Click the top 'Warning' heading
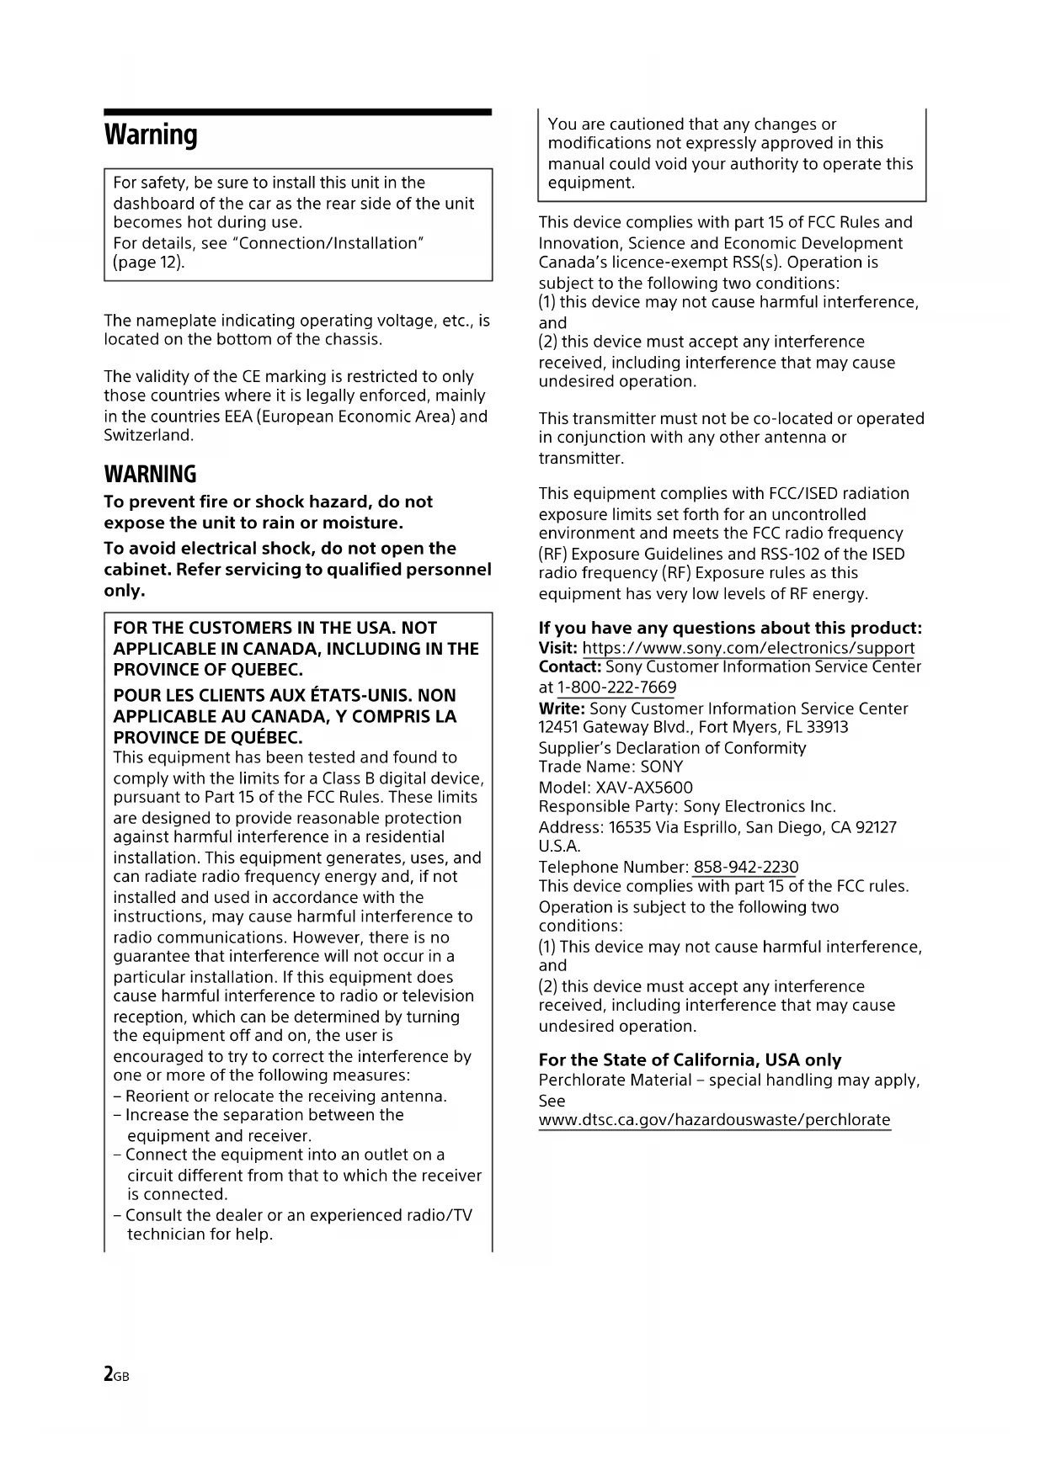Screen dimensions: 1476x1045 coord(151,135)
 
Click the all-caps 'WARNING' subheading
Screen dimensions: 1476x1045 coord(150,474)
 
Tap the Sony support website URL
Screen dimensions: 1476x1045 coord(748,648)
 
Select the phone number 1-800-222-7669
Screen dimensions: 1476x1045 coord(616,688)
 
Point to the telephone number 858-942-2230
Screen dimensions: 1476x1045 coord(745,867)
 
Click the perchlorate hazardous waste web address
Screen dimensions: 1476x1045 coord(714,1120)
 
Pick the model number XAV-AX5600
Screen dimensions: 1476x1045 coord(644,788)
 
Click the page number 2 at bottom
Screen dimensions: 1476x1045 coord(109,1374)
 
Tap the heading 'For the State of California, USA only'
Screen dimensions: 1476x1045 coord(690,1060)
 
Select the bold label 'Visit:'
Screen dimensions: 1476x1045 coord(557,648)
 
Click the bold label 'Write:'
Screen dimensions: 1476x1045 coord(562,709)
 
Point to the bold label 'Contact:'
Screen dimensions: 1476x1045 coord(570,667)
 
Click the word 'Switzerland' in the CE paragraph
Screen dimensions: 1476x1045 coord(148,436)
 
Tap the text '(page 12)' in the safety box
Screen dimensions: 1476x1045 coord(148,263)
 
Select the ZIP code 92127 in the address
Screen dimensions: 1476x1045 coord(876,827)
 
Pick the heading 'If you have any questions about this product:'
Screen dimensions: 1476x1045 coord(730,628)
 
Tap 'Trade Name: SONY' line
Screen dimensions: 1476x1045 coord(610,767)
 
